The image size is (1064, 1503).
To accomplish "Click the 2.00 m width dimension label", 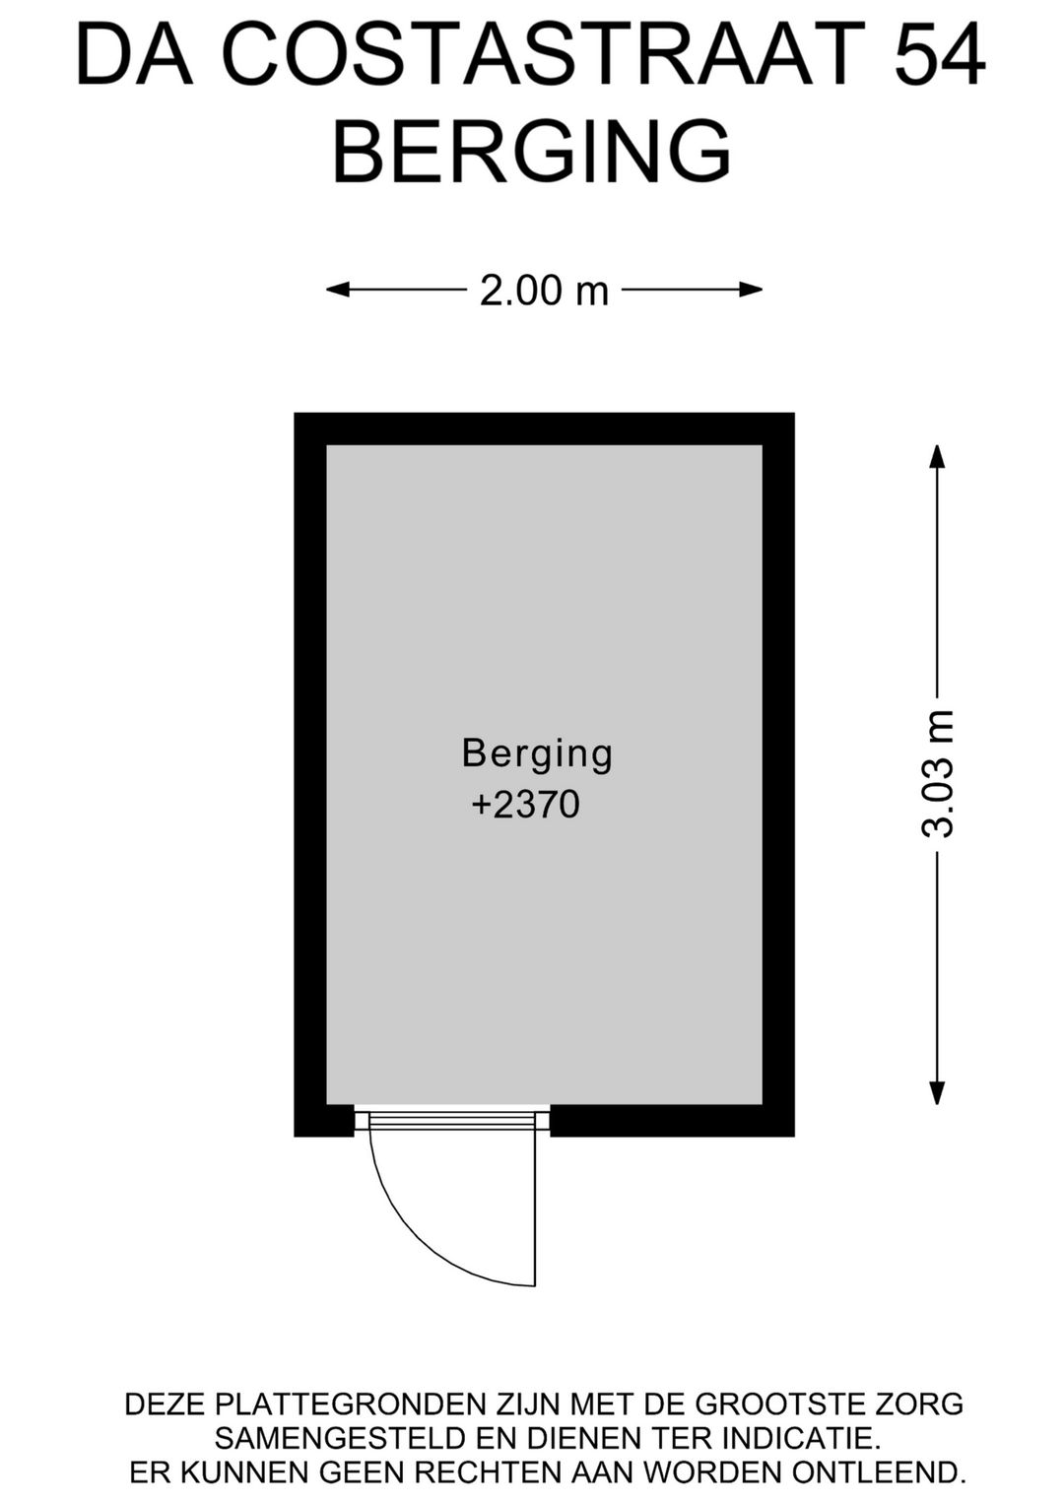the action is pos(544,291).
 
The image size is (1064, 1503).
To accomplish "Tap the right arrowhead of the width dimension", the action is pos(751,290).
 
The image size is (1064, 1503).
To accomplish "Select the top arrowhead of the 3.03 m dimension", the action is pos(937,458).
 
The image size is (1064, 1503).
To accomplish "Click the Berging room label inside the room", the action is pos(537,754).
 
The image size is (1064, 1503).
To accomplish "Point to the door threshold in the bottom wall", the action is pos(452,1119).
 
